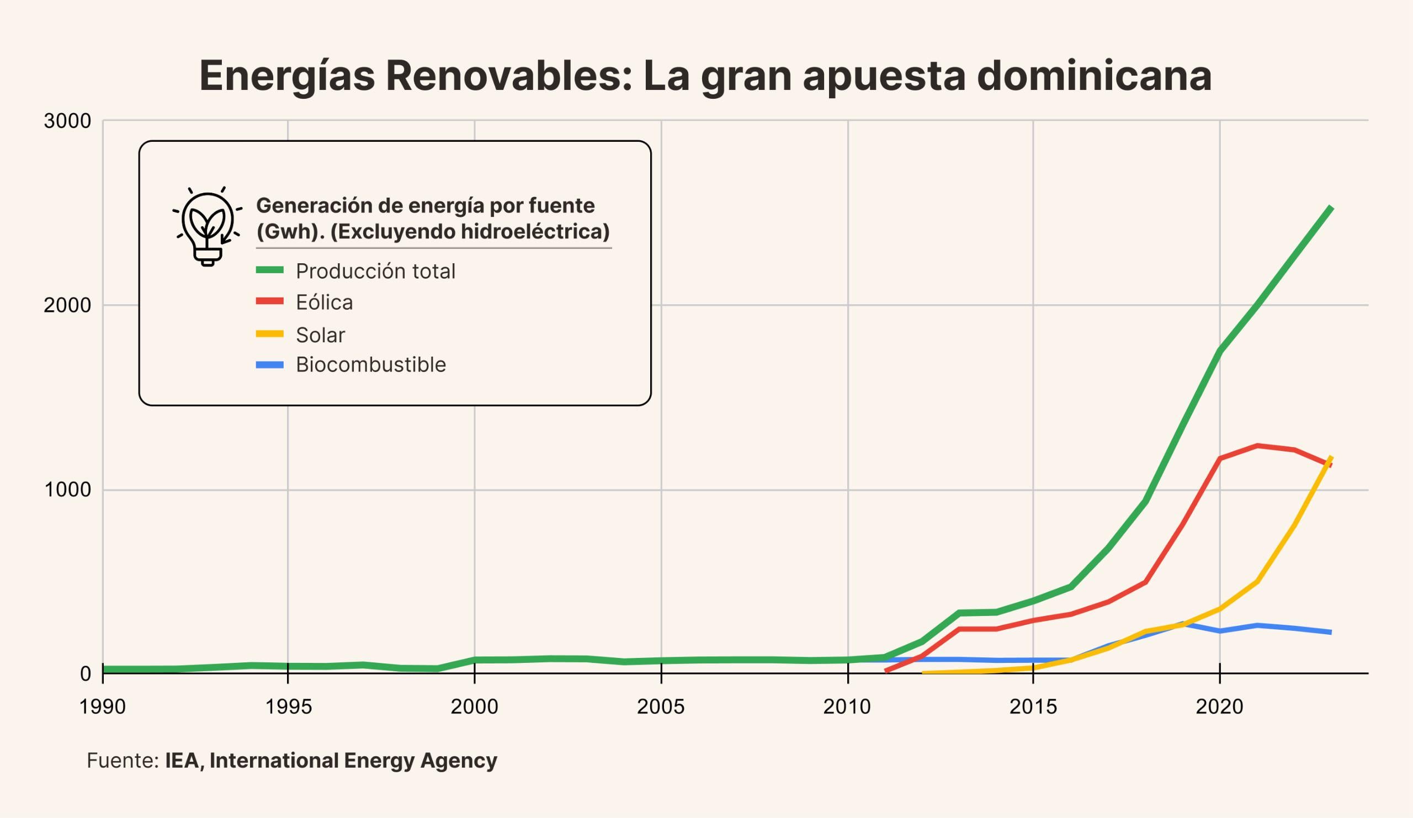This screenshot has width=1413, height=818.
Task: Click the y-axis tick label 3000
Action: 67,121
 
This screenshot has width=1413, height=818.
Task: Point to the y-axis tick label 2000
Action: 67,306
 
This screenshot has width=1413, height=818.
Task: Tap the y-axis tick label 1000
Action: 67,490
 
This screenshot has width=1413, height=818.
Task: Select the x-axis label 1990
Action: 103,707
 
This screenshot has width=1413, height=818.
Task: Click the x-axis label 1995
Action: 288,707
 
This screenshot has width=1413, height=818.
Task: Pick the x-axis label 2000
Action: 474,707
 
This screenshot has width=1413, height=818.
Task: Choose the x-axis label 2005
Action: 661,707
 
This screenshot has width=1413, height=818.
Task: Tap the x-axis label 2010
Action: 847,707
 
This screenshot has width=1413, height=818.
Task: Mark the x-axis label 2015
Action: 1033,707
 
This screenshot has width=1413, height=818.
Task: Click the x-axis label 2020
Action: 1220,707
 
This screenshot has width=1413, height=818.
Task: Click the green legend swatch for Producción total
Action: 270,270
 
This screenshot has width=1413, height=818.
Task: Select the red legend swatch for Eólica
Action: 270,301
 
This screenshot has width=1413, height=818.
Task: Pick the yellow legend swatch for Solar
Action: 270,334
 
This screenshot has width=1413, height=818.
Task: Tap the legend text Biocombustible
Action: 370,365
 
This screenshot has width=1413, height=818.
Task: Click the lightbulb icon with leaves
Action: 208,227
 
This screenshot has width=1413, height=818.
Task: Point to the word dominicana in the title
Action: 1094,76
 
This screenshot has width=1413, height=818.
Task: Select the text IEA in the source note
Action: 182,761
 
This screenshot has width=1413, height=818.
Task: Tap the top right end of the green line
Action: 1331,209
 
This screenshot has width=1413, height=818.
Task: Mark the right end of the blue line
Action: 1331,633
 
